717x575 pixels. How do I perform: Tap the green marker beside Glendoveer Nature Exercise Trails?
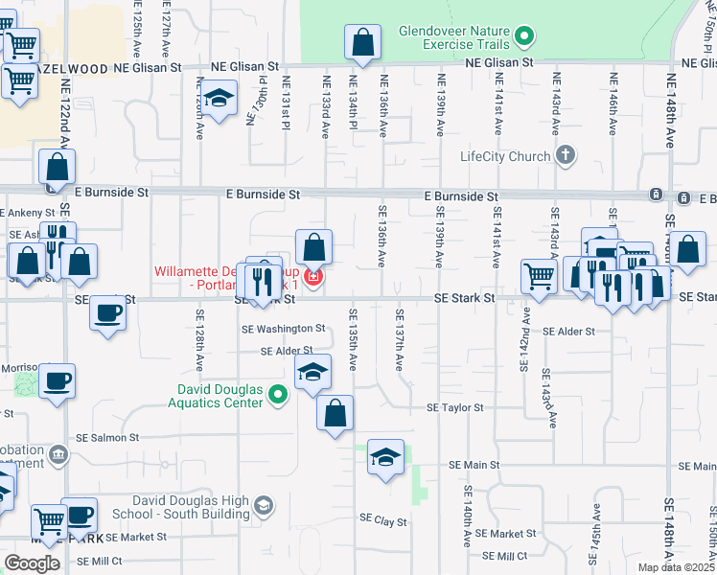pos(523,37)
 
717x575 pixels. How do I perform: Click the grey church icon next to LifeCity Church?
pos(566,154)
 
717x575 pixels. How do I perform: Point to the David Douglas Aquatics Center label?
pos(220,396)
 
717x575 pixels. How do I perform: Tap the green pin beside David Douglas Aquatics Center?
pos(278,395)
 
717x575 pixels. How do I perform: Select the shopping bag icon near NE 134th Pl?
pos(363,43)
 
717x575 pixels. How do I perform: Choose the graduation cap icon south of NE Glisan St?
pos(220,98)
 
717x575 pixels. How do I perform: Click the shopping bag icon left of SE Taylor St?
pos(335,414)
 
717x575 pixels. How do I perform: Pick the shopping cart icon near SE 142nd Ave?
pos(540,276)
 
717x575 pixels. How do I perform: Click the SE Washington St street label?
pos(285,328)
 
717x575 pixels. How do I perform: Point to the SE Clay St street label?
pos(383,522)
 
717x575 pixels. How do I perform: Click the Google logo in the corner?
pos(32,563)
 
